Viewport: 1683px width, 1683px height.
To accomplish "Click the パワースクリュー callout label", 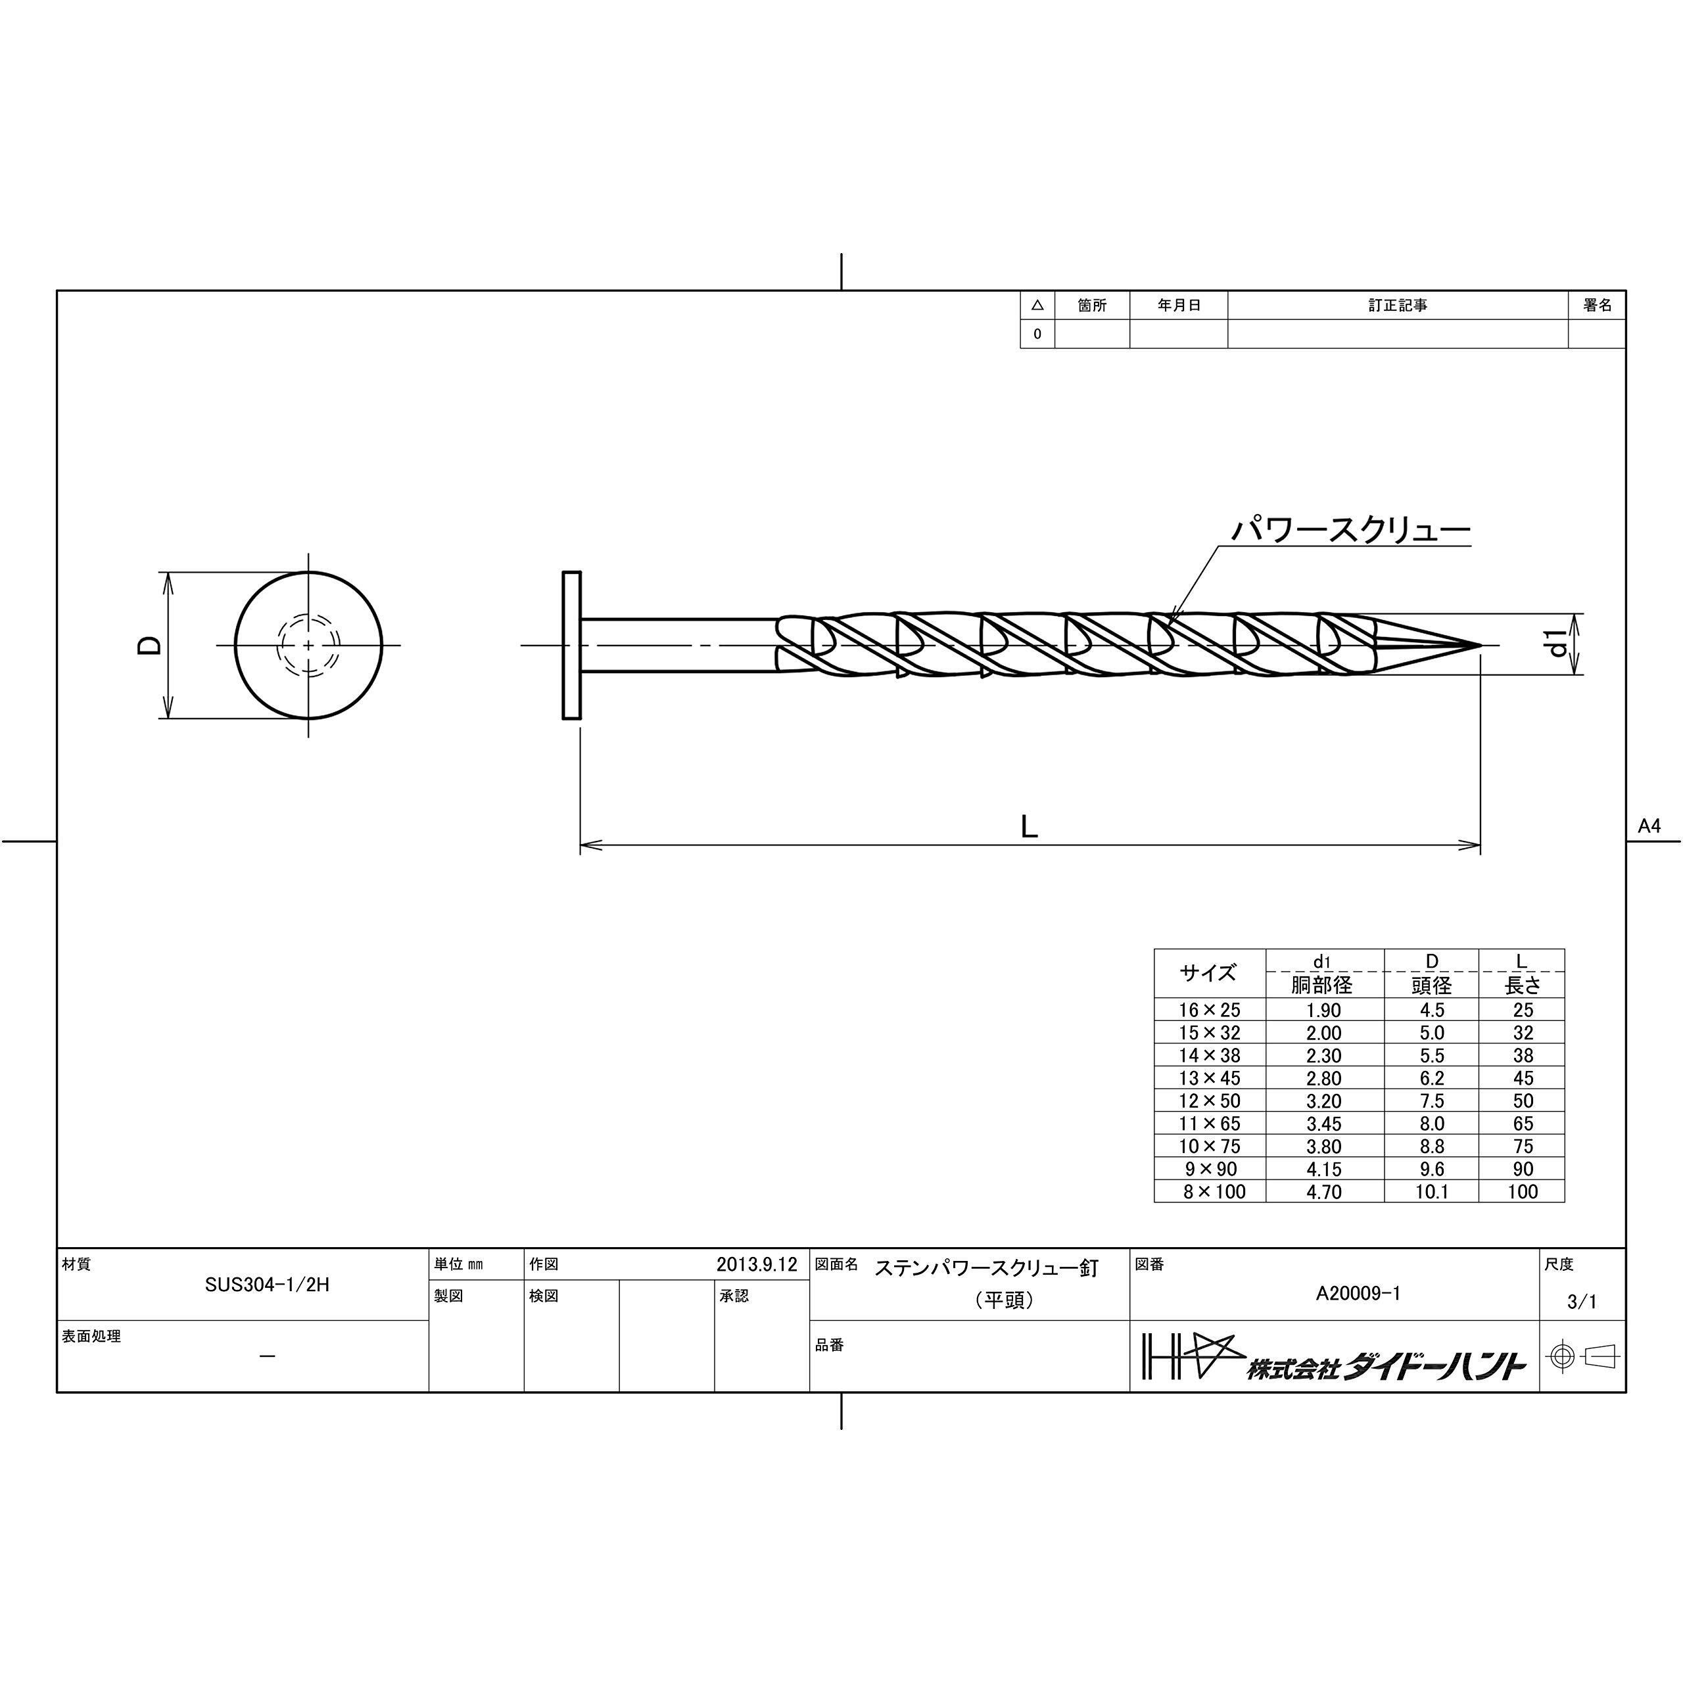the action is coord(1350,530).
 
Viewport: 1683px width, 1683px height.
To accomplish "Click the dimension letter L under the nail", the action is coord(1030,826).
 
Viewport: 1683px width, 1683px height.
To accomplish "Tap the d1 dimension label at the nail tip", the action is coord(1559,645).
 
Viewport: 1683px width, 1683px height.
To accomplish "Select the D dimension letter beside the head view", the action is coord(151,645).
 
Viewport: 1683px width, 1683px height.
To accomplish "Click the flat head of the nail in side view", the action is coord(571,645).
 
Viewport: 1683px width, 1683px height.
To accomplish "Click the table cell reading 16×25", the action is coord(1209,1010).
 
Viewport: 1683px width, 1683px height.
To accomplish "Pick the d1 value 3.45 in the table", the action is coord(1323,1124).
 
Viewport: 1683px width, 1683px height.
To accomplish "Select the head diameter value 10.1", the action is coord(1431,1192).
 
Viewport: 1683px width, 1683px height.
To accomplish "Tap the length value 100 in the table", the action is coord(1523,1192).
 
